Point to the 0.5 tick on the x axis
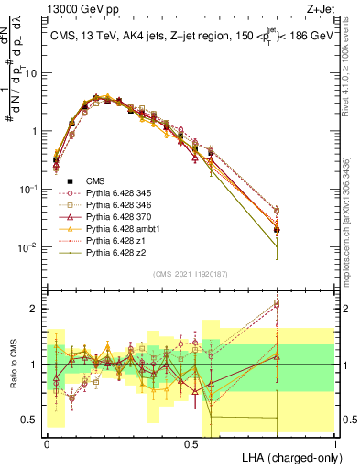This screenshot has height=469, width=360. click(191, 442)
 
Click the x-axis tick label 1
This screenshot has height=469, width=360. click(335, 442)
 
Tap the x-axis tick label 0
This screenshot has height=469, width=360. click(47, 442)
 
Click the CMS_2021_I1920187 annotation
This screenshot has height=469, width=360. click(191, 273)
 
